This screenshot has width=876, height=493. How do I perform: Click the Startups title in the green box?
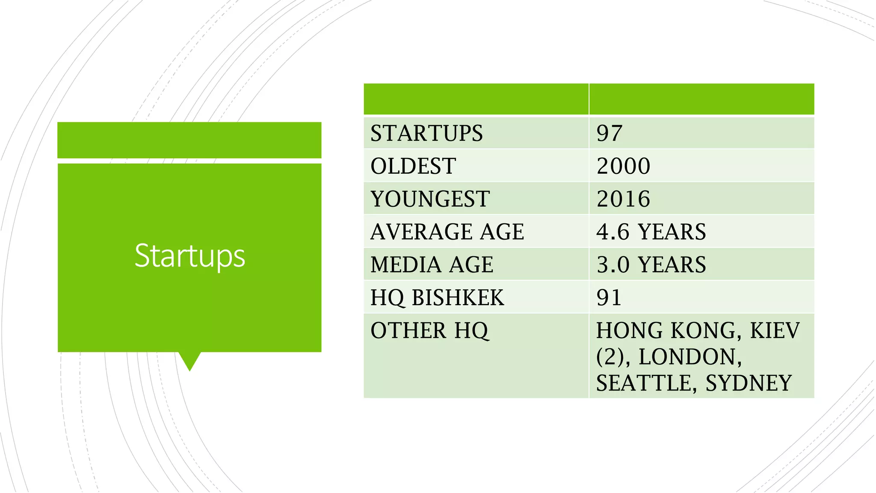coord(189,255)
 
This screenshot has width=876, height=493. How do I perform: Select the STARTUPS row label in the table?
coord(426,133)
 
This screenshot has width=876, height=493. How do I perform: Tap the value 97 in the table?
coord(609,133)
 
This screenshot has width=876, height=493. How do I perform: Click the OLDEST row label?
coord(413,166)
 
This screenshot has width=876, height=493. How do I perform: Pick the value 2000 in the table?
coord(623,166)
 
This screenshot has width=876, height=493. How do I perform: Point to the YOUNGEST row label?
coord(430,199)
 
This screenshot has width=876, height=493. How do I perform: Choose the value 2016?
coord(623,199)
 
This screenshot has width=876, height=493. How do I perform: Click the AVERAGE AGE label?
coord(447,232)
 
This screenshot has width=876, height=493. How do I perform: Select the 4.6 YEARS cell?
coord(651,232)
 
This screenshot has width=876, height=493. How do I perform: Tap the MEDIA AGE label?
coord(432,265)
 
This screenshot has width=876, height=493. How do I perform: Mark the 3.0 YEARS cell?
coord(651,265)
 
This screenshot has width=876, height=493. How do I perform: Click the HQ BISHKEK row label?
coord(437,298)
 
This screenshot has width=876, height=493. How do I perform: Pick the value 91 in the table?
coord(609,298)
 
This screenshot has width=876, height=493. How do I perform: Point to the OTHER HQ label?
coord(429,331)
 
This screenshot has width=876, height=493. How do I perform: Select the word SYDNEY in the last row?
coord(749,383)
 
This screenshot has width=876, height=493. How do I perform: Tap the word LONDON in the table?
coord(690,357)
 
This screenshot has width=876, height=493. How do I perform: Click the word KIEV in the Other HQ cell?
coord(775,331)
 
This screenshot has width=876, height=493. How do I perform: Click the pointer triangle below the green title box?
coord(189,360)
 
